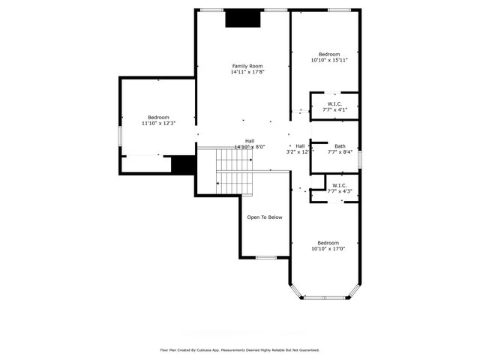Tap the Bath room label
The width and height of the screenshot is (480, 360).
click(x=340, y=146)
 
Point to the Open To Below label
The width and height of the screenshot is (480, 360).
click(x=265, y=217)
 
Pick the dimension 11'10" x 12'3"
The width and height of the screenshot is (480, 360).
click(x=158, y=123)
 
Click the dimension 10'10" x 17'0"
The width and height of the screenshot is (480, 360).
click(x=328, y=249)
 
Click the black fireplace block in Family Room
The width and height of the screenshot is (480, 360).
click(x=243, y=17)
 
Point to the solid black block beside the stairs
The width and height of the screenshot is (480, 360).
click(x=183, y=165)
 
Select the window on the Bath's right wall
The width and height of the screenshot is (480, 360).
click(x=360, y=159)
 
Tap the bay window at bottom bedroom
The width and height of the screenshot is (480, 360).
click(x=325, y=298)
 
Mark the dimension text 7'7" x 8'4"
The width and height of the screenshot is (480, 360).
click(x=340, y=152)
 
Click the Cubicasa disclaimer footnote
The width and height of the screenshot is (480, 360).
click(x=240, y=349)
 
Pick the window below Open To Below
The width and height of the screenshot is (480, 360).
click(x=266, y=257)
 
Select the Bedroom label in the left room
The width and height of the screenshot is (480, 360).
click(x=158, y=117)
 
